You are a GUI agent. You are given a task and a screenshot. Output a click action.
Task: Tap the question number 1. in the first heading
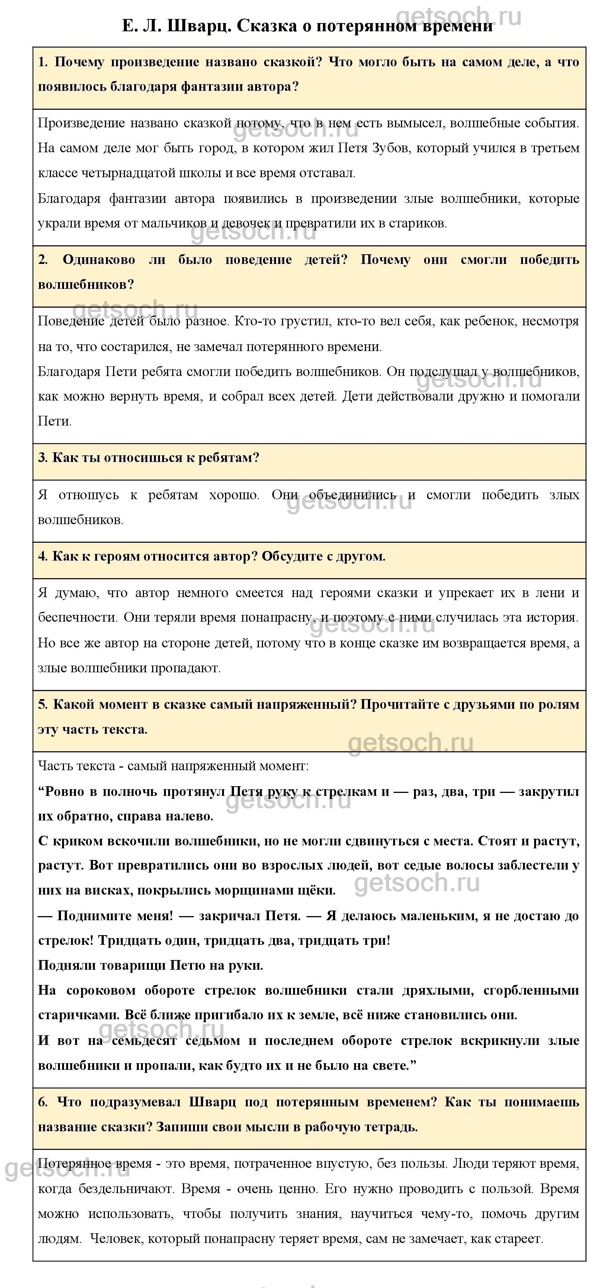pos(43,62)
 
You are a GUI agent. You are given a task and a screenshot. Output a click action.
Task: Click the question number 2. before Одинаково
pos(43,259)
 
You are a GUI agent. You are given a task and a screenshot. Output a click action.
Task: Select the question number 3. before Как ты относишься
pos(43,458)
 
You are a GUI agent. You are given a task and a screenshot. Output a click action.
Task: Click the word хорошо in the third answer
pos(234,495)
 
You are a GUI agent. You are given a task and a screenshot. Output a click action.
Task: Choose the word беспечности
pos(77,618)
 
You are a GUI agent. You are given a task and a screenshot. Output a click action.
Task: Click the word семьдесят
pos(144,1040)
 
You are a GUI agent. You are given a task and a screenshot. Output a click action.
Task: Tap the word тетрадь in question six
pos(390,1127)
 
